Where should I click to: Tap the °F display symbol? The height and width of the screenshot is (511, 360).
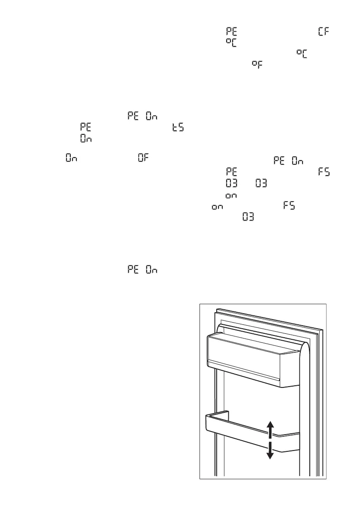pyautogui.click(x=257, y=64)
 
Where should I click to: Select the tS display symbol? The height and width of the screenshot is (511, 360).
pyautogui.click(x=178, y=128)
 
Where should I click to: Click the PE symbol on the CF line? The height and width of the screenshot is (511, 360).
pyautogui.click(x=232, y=32)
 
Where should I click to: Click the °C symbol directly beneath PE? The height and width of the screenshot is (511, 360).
pyautogui.click(x=232, y=42)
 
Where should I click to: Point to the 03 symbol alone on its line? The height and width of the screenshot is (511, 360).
pyautogui.click(x=248, y=217)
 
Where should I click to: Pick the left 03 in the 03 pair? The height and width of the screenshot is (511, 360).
pyautogui.click(x=232, y=184)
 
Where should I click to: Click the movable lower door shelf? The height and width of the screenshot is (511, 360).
pyautogui.click(x=240, y=431)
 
